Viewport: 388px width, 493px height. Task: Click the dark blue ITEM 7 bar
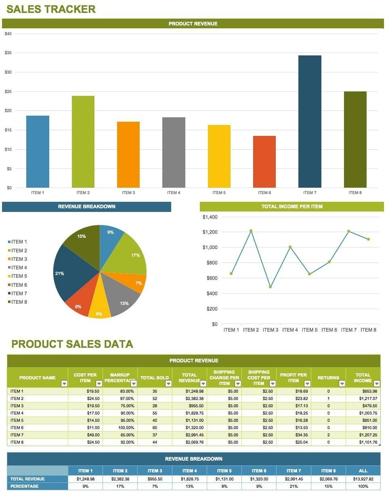tap(310, 121)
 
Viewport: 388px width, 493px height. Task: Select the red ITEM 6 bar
tap(264, 162)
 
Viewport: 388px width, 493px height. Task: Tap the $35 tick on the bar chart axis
tap(8, 53)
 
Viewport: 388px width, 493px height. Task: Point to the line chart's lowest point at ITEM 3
tap(270, 287)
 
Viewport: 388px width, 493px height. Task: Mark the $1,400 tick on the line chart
tap(210, 217)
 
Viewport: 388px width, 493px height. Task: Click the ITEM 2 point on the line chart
tap(251, 231)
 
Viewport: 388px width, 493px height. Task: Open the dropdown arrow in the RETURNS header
tap(342, 383)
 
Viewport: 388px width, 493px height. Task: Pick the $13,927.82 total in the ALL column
tap(363, 479)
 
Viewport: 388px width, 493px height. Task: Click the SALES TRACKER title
tap(51, 9)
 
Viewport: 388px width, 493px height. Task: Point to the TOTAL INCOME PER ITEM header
tap(292, 207)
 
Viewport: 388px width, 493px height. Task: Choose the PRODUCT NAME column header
tap(38, 378)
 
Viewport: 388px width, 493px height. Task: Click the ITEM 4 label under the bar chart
tap(174, 193)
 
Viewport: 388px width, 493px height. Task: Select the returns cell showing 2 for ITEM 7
tap(328, 435)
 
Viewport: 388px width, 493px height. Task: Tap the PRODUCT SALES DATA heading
tap(72, 344)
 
